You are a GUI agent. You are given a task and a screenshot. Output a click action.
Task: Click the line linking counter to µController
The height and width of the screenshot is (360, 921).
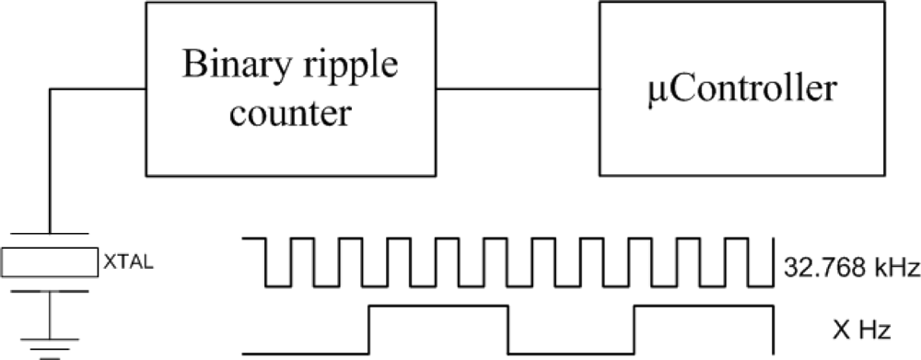coord(518,89)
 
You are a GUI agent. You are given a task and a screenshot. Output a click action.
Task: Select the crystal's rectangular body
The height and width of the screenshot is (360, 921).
coord(50,261)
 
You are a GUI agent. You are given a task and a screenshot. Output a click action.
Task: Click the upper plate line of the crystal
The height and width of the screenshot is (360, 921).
coord(50,234)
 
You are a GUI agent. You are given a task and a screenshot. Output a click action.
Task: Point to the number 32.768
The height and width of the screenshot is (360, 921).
coord(814,269)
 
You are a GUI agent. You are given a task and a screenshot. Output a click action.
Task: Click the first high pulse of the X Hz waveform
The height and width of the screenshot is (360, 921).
coord(437,307)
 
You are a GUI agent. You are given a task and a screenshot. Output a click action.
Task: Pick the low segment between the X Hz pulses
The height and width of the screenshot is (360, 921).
coord(570,352)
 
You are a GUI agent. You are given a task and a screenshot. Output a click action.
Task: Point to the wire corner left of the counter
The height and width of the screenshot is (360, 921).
coord(50,89)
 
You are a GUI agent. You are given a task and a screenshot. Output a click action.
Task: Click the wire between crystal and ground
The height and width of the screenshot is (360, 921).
coord(50,318)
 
